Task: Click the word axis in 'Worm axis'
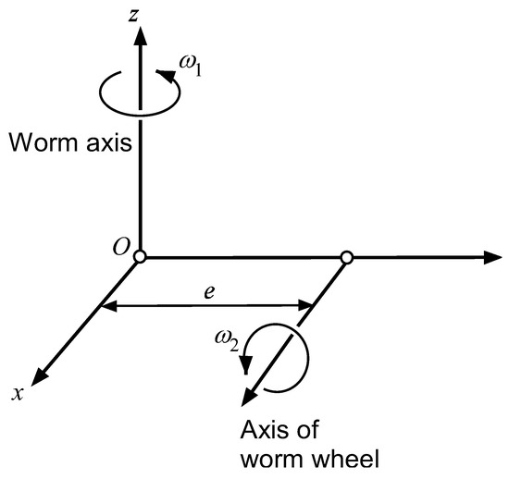pyautogui.click(x=104, y=143)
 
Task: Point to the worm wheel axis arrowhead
pyautogui.click(x=244, y=399)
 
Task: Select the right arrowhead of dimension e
pyautogui.click(x=312, y=306)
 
